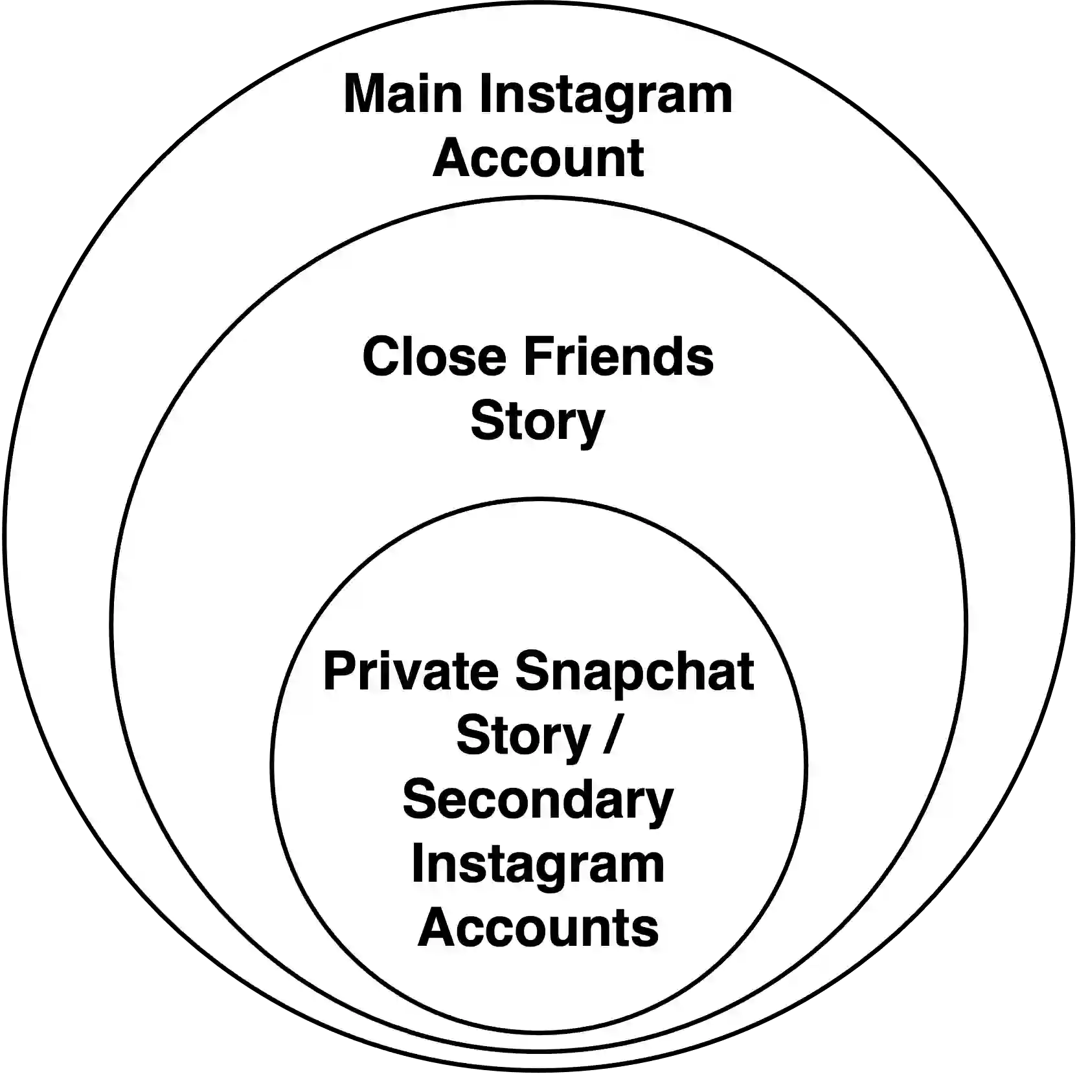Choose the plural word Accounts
tap(538, 927)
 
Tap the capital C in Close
tap(381, 356)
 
